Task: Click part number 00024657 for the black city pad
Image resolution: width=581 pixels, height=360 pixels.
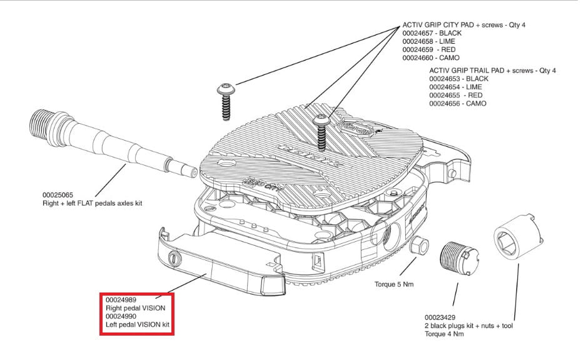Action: [418, 33]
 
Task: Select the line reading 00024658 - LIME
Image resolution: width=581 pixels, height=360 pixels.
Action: [428, 41]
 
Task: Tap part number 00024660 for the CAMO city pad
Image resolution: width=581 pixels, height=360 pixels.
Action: [418, 57]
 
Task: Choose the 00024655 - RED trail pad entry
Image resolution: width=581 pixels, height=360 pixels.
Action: [456, 95]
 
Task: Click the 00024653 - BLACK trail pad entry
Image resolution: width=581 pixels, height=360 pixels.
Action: [458, 79]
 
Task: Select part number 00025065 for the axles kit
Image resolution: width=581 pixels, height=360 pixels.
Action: [58, 195]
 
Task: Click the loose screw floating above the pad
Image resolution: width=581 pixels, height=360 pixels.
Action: [226, 101]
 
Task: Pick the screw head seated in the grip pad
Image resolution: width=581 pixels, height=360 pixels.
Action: [320, 121]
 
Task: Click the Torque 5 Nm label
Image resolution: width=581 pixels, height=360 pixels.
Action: [394, 284]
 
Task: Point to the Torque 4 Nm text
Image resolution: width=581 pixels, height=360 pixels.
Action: [444, 334]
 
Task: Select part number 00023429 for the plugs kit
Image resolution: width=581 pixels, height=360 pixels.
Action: [440, 317]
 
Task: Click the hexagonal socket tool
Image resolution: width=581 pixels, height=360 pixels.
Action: [518, 237]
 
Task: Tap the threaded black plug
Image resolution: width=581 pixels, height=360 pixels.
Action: [459, 258]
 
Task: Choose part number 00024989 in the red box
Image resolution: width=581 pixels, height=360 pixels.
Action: [121, 299]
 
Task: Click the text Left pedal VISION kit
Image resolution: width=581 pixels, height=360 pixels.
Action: [138, 325]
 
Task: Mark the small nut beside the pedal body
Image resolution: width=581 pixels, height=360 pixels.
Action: [420, 246]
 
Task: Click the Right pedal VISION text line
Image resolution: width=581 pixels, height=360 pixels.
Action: [136, 308]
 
